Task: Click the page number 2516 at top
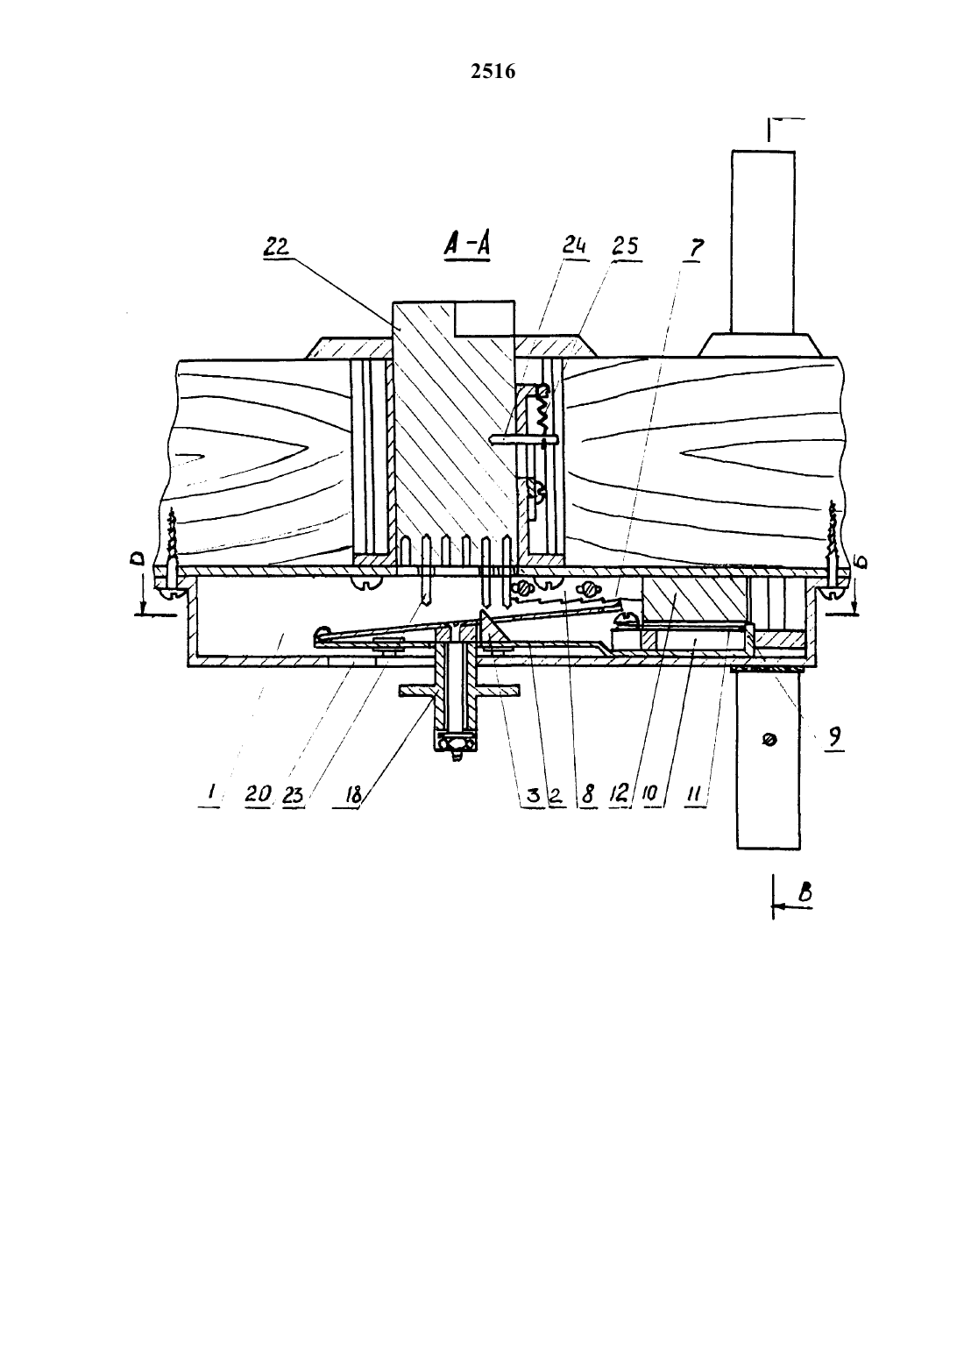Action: click(493, 72)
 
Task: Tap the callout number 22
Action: click(276, 246)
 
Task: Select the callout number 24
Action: click(574, 246)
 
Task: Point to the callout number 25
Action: click(626, 246)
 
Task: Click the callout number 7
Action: click(695, 248)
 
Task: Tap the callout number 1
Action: click(210, 792)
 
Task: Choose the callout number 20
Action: click(258, 793)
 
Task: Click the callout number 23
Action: click(293, 794)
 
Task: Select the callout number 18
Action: click(354, 794)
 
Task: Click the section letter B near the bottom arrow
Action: click(805, 892)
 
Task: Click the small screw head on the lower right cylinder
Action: click(769, 741)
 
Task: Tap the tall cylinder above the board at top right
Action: click(763, 242)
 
